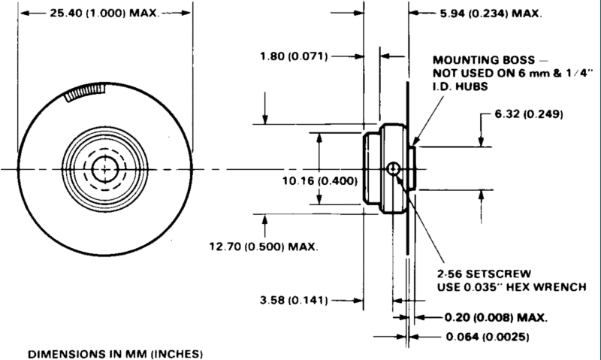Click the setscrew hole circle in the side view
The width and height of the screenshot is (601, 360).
coord(393,168)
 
